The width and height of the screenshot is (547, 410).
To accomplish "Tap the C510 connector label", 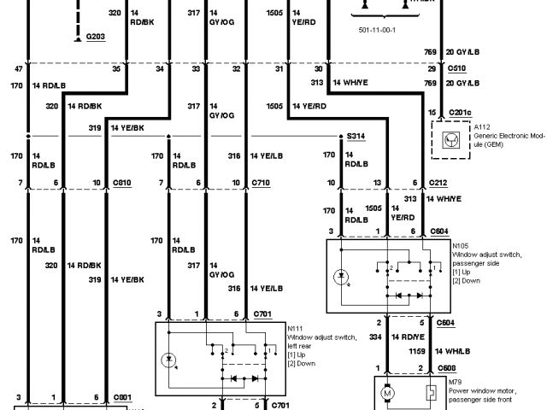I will (x=457, y=67).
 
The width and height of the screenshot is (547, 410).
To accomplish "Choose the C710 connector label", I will (x=261, y=183).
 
